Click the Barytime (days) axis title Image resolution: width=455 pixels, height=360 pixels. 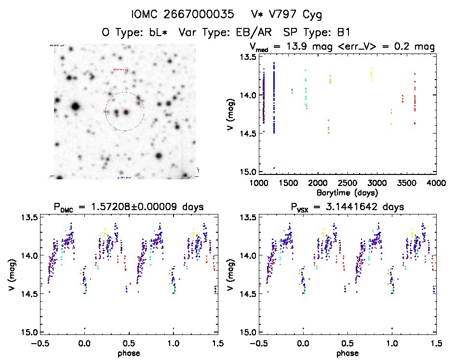[x=347, y=192]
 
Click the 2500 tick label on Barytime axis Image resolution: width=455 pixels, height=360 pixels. [x=347, y=183]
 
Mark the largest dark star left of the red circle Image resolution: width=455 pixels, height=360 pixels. [x=75, y=106]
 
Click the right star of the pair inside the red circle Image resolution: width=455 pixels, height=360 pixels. [x=127, y=112]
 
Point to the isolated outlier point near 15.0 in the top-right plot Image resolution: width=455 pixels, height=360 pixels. [x=274, y=168]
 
